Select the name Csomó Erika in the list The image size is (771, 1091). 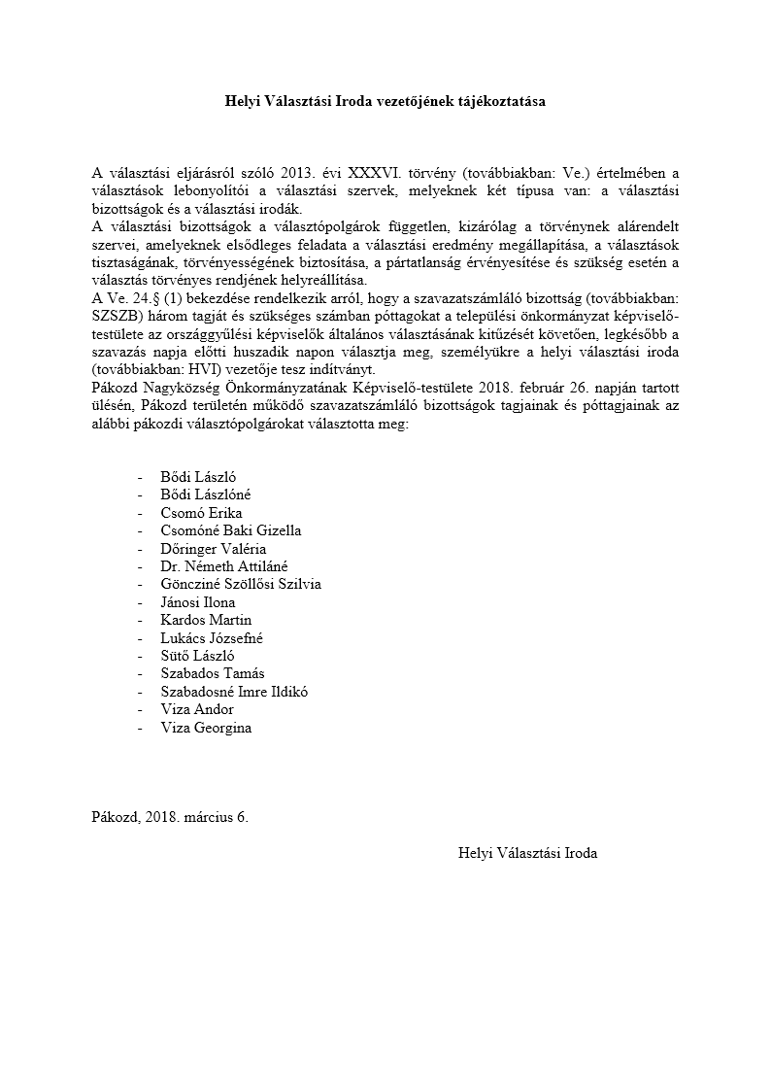[201, 513]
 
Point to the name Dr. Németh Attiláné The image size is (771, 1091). [223, 566]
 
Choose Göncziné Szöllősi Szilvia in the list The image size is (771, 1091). [240, 584]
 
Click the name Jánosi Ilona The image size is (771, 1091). [197, 602]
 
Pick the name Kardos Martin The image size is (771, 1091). [205, 620]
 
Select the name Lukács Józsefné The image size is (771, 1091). [212, 638]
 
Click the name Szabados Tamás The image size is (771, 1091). [212, 673]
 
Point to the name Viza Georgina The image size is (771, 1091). [206, 728]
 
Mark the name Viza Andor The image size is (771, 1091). [197, 709]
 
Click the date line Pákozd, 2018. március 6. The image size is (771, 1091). [170, 817]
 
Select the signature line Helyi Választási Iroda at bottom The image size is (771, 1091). [527, 853]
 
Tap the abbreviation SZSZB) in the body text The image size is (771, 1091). [117, 317]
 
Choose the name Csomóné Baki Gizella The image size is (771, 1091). [230, 530]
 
